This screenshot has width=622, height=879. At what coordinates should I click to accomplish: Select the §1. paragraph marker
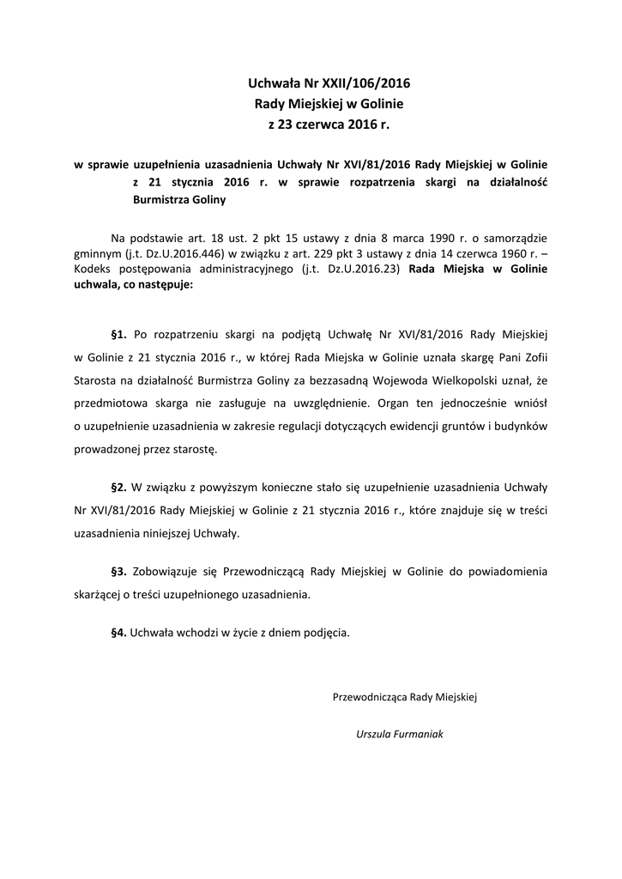[119, 332]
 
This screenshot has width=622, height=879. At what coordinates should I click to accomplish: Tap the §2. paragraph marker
[119, 487]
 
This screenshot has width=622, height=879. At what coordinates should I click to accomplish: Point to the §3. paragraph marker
[119, 571]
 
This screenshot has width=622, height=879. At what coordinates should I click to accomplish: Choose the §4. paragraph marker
[119, 633]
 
